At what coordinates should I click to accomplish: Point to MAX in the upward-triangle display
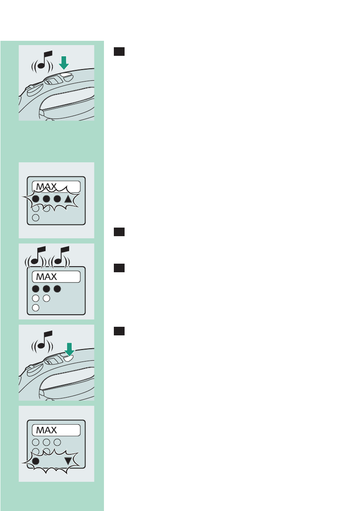[46, 187]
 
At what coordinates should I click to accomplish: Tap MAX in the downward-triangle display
[46, 430]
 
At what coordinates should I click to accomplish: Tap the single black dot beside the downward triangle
[36, 461]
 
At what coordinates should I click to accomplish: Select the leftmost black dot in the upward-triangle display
[36, 200]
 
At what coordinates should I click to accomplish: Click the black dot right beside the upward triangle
[56, 200]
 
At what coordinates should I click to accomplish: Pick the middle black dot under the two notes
[46, 289]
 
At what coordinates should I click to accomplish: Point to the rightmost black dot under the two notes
[56, 289]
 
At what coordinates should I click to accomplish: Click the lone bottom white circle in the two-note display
[36, 307]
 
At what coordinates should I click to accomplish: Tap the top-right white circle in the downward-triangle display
[56, 442]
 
